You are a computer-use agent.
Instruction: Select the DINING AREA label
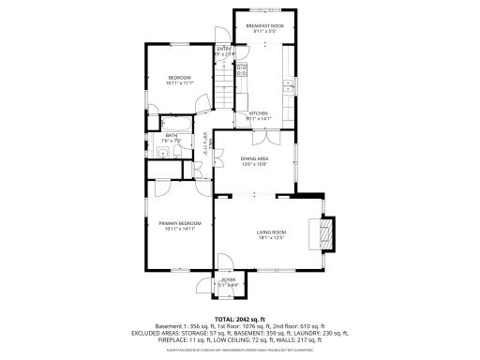tap(254, 159)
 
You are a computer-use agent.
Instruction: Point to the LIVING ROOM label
tap(272, 232)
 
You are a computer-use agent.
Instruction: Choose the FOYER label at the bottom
tap(228, 279)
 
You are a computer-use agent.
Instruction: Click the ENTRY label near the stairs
tap(224, 49)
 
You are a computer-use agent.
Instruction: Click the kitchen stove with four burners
tap(242, 68)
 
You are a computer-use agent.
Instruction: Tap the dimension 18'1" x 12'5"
tap(272, 237)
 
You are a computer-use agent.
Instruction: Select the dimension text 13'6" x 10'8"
tap(254, 165)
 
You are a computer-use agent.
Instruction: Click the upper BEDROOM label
tap(180, 77)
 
